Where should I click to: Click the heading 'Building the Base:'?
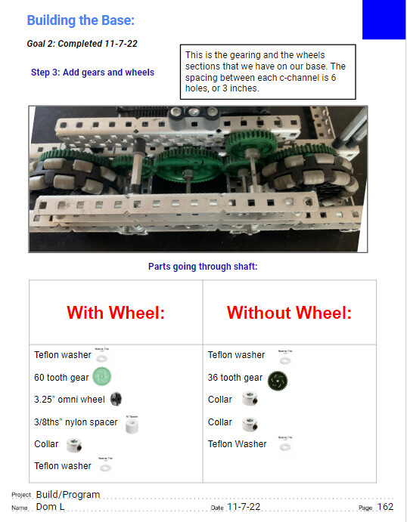[x=81, y=20]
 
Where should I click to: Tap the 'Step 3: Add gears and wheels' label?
[x=92, y=73]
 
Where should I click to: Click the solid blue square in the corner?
[x=384, y=20]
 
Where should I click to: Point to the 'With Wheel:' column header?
[x=116, y=313]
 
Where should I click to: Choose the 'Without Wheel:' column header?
[x=289, y=313]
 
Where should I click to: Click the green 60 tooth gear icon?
[x=102, y=376]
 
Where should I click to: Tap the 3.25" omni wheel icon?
[x=116, y=399]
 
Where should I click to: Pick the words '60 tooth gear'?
[x=61, y=378]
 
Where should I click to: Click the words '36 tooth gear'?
[x=235, y=378]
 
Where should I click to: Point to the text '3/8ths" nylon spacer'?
[x=76, y=422]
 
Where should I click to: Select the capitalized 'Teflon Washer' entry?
[x=237, y=444]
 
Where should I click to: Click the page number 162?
[x=386, y=507]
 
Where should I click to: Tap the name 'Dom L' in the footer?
[x=49, y=507]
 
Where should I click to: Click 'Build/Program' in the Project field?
[x=67, y=495]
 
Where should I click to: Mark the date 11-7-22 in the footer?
[x=244, y=507]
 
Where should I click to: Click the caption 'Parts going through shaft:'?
[x=203, y=266]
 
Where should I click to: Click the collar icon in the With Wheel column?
[x=74, y=444]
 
